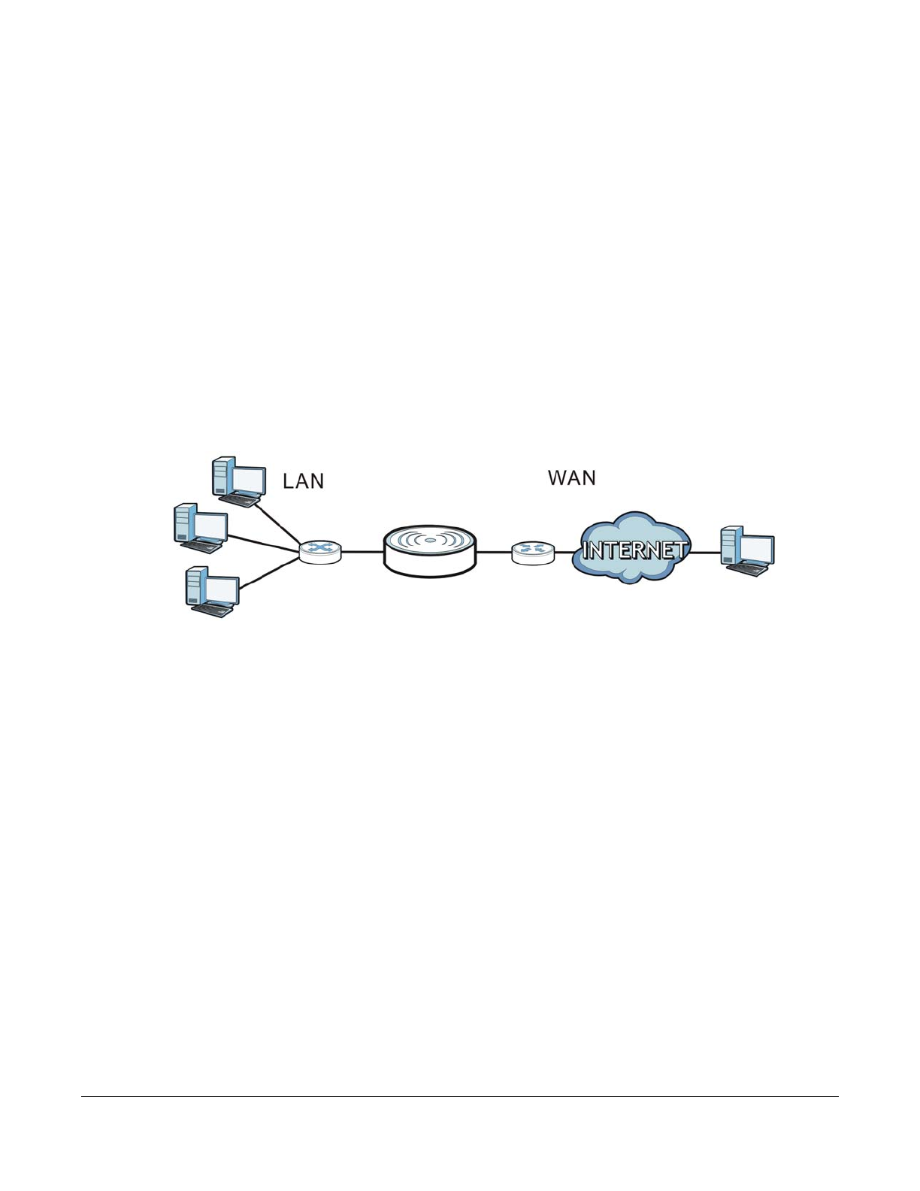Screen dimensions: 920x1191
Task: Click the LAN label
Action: coord(303,481)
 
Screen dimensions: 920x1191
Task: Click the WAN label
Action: coord(571,478)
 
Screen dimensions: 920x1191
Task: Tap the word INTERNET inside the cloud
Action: coord(634,550)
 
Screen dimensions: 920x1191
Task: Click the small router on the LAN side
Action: coord(320,551)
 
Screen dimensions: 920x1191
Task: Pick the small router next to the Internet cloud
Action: coord(534,553)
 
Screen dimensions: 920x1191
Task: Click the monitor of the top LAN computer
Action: coord(248,480)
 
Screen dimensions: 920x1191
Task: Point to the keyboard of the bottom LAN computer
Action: coord(215,611)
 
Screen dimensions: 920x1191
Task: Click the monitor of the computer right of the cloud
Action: coord(756,549)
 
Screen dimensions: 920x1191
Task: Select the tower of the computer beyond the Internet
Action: coord(730,544)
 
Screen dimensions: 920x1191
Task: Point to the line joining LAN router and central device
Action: coord(362,552)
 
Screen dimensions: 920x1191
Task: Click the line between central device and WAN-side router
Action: coord(493,553)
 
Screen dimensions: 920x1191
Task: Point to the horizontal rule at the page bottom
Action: coord(459,1096)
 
